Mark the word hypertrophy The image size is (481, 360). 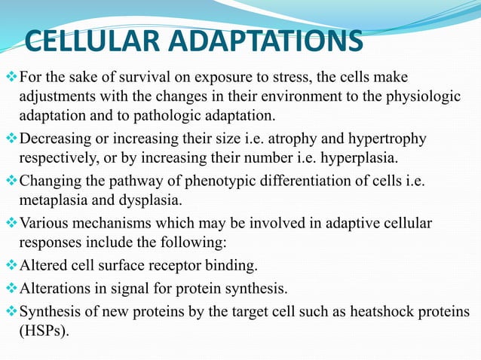[387, 139]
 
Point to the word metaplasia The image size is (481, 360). [52, 200]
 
